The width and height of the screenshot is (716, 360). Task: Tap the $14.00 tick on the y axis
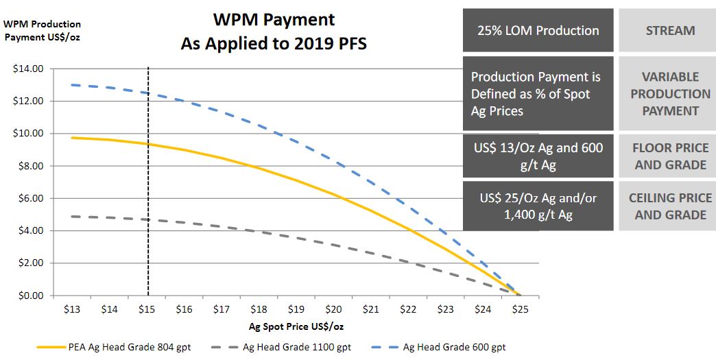tap(28, 69)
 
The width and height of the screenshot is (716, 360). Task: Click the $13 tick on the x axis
tap(72, 309)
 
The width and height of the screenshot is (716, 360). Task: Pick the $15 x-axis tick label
tap(147, 309)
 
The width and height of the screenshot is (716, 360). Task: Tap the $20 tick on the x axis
tap(333, 309)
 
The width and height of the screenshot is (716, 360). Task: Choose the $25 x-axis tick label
tap(520, 309)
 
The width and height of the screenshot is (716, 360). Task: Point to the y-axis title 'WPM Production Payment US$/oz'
tap(43, 31)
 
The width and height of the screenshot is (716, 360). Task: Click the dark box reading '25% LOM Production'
tap(538, 30)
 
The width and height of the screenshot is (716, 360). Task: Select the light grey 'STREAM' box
tap(670, 30)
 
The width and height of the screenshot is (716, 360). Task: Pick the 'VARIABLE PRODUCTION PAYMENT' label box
tap(670, 93)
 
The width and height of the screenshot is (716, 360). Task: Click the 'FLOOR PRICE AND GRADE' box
tap(670, 156)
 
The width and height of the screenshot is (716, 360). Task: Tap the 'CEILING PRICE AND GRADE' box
tap(670, 206)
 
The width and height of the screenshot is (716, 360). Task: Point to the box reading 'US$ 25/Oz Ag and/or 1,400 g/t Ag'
tap(538, 206)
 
